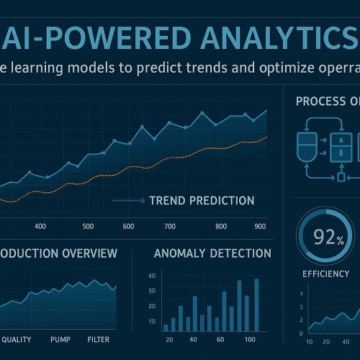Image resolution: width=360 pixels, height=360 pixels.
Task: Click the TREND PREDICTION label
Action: tap(201, 200)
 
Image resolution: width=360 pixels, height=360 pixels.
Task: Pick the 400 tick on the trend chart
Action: tap(40, 227)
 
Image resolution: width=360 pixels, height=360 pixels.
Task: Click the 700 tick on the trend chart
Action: tap(170, 227)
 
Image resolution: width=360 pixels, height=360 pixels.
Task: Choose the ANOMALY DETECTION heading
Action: tap(212, 253)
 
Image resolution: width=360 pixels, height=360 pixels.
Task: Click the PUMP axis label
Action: tap(62, 339)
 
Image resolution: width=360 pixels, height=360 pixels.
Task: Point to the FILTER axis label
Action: tap(99, 339)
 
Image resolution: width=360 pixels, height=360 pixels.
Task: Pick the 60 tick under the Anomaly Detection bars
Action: tap(221, 339)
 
